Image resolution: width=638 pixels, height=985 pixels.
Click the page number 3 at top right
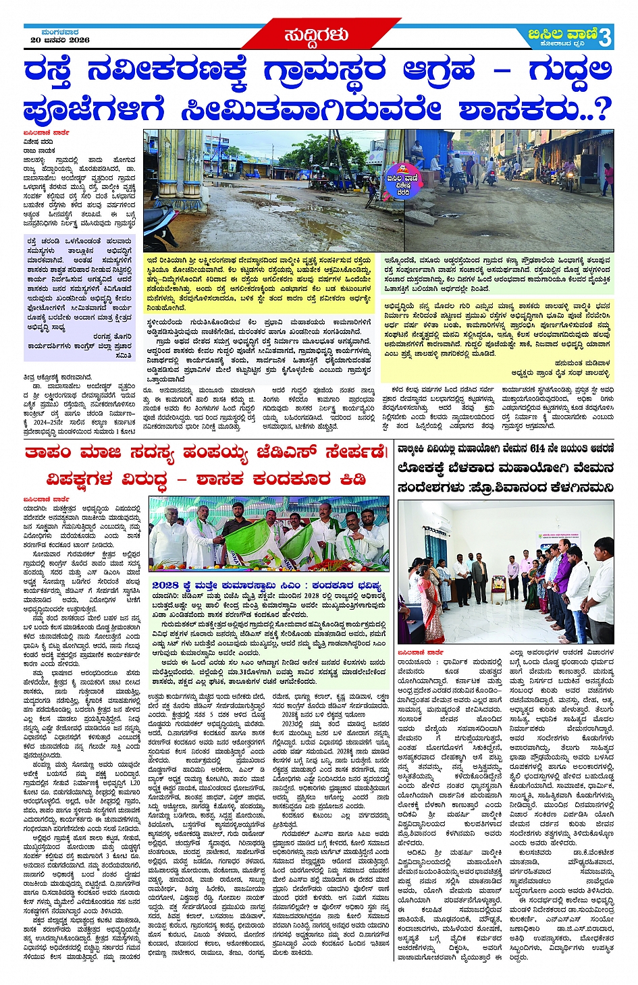(605, 37)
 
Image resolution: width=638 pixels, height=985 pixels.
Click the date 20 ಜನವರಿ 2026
(60, 41)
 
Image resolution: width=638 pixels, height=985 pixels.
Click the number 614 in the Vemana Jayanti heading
(538, 448)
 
